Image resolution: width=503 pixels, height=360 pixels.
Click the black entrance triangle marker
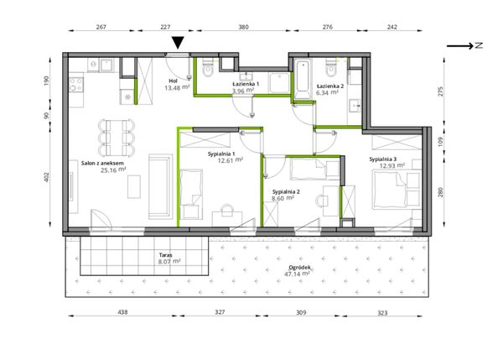tap(178, 43)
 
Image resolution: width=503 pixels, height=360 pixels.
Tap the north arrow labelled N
tap(464, 45)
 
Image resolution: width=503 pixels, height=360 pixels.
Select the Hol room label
tap(173, 81)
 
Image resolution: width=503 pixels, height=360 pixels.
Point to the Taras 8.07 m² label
tap(169, 258)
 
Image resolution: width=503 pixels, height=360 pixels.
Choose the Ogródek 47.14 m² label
tap(298, 270)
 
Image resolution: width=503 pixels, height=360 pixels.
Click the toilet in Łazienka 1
tap(208, 69)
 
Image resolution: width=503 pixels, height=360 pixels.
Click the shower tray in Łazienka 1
tap(280, 83)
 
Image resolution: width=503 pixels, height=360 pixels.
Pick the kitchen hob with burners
tap(76, 85)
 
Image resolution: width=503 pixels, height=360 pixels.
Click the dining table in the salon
tap(117, 138)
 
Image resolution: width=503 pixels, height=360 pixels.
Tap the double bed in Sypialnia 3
tap(397, 190)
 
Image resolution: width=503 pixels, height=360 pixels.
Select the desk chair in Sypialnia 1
tap(227, 211)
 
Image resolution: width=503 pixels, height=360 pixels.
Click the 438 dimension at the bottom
tap(122, 312)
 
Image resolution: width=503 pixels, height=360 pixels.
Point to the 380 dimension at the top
tap(243, 27)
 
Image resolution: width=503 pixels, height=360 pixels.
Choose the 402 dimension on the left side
tap(47, 177)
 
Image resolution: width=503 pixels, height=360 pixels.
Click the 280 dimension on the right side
tap(440, 192)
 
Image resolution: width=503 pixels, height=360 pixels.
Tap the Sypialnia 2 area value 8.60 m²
tap(283, 199)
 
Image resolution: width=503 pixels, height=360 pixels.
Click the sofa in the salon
tap(160, 187)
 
